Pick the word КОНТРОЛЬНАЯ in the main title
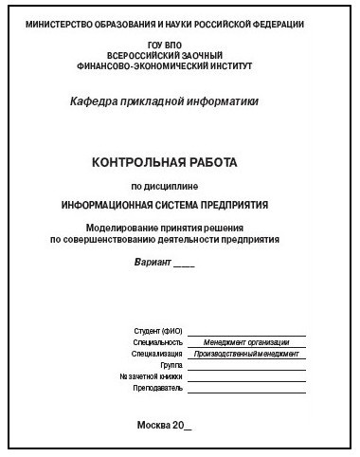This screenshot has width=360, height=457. tap(141, 162)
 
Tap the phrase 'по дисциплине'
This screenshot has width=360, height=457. tap(178, 186)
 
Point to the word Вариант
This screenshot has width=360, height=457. tap(153, 259)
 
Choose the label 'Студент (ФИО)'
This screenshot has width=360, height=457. tap(158, 331)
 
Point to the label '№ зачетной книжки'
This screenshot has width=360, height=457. tap(150, 376)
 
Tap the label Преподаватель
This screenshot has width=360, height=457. tap(157, 388)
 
